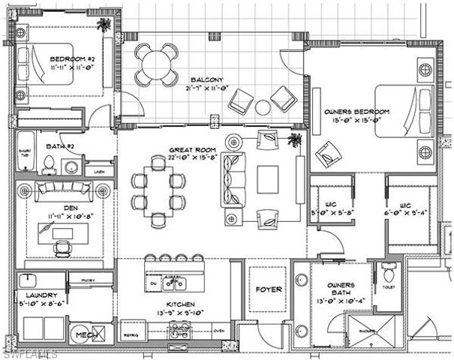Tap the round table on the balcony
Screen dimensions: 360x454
click(157, 61)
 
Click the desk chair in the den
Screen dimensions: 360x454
click(65, 247)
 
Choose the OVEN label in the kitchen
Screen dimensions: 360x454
click(218, 330)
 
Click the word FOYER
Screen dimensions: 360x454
click(267, 287)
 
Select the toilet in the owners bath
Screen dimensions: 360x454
click(389, 273)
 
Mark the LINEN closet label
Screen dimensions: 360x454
click(99, 172)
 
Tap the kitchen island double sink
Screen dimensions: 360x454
click(175, 283)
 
